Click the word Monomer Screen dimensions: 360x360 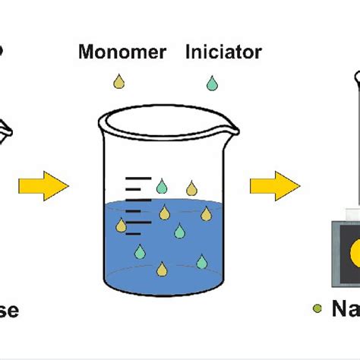point(122,52)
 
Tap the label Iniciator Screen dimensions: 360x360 point(223,52)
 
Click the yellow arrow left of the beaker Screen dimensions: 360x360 point(45,185)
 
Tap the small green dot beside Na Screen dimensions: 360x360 point(317,309)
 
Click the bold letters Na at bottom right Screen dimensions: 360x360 point(346,309)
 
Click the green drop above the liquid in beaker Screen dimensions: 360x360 point(161,186)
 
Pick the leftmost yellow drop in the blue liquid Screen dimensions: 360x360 point(121,225)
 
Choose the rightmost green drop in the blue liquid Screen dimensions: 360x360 point(201,262)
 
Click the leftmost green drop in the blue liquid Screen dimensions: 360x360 point(141,251)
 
